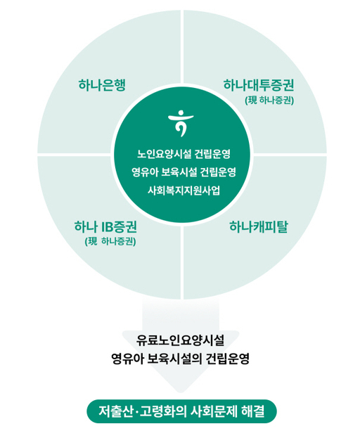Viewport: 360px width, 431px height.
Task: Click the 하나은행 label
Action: (x=102, y=85)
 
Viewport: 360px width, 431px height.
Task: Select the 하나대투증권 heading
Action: (x=259, y=85)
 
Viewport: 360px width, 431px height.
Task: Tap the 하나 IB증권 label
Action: (x=105, y=227)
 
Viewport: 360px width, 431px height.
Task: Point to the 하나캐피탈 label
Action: (x=258, y=227)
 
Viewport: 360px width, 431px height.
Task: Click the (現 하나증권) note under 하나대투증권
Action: (x=269, y=101)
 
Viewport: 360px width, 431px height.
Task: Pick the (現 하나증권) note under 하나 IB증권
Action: (x=110, y=242)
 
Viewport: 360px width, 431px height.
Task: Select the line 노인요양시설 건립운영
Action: (x=184, y=154)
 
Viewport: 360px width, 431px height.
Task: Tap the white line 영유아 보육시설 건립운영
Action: (x=184, y=172)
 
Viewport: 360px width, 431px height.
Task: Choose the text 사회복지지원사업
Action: (x=184, y=191)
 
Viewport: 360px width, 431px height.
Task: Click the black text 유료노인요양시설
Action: (x=180, y=340)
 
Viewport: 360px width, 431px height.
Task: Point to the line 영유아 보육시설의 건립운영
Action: (x=180, y=359)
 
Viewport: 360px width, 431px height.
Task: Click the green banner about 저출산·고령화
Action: (x=181, y=411)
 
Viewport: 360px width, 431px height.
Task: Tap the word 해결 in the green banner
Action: (x=253, y=411)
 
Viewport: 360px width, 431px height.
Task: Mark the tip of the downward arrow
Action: (x=180, y=392)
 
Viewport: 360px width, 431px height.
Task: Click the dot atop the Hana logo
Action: (x=181, y=112)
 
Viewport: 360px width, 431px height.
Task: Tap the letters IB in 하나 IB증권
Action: (x=105, y=227)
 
